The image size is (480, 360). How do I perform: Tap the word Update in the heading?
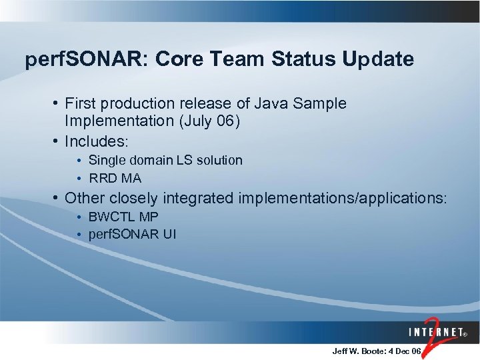point(378,59)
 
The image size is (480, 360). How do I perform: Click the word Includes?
point(96,142)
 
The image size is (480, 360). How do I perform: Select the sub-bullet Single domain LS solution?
point(165,160)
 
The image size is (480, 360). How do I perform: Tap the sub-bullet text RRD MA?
point(115,178)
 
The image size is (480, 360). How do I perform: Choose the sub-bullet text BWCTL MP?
point(123,217)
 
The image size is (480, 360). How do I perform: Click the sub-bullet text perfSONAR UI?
point(132,235)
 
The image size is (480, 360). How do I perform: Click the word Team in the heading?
point(241,59)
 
